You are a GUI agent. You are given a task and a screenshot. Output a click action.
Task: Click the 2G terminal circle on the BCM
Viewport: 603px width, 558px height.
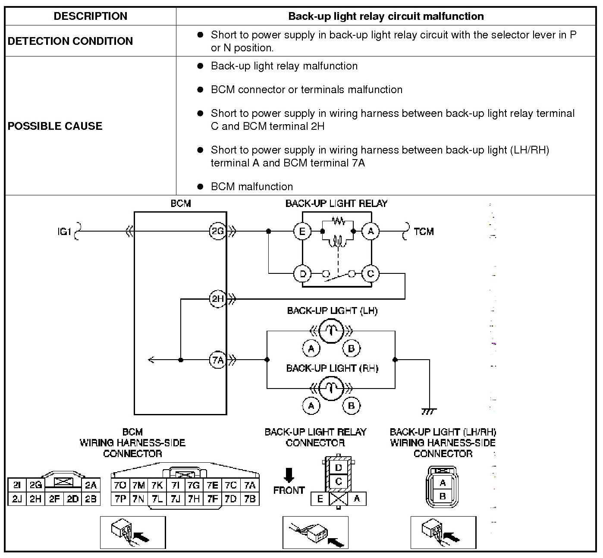coord(217,231)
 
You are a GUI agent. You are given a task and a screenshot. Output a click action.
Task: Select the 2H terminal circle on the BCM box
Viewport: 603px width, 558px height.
coord(217,299)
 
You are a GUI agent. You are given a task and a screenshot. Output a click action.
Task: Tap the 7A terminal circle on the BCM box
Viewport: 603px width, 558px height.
coord(217,360)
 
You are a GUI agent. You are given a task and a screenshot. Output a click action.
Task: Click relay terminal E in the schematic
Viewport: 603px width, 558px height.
coord(302,231)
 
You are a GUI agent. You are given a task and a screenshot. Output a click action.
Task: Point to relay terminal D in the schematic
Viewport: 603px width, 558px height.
coord(302,273)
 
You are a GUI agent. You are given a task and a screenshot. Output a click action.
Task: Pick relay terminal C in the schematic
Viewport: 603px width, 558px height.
coord(371,273)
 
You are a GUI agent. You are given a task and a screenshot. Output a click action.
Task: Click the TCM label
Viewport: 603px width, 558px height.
coord(424,232)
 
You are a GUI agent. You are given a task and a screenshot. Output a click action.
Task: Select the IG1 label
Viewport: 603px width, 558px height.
coord(64,232)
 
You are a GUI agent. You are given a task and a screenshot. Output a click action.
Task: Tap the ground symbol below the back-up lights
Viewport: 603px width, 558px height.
coord(429,411)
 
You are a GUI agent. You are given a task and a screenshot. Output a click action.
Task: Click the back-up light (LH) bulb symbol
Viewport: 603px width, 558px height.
coord(331,331)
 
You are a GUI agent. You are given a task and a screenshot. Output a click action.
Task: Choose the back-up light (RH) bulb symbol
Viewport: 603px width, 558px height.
coord(331,388)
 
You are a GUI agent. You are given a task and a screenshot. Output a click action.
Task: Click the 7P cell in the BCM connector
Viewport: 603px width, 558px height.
coord(120,498)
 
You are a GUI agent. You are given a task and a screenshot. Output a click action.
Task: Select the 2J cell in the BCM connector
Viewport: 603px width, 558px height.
coord(17,498)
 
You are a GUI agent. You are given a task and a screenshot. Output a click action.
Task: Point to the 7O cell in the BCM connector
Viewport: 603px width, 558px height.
coord(120,485)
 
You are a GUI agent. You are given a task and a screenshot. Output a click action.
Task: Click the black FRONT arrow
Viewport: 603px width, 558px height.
coord(289,475)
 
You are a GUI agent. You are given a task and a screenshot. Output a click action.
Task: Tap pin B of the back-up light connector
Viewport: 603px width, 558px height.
coord(443,496)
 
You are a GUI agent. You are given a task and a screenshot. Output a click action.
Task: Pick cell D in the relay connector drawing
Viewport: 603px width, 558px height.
coord(338,468)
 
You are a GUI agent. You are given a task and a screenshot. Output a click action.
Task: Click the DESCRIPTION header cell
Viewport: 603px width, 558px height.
coord(91,16)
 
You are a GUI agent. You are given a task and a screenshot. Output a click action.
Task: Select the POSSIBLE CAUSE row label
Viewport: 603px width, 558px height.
coord(55,125)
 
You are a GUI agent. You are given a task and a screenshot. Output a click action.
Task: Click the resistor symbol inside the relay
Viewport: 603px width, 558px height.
coord(338,221)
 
